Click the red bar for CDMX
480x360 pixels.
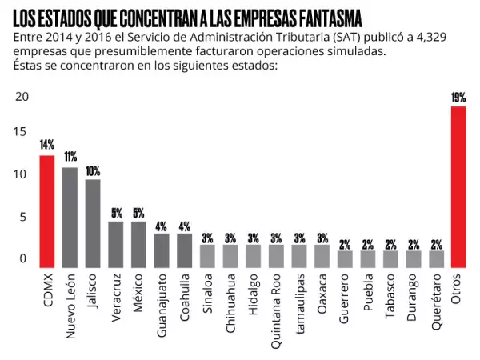click(x=46, y=211)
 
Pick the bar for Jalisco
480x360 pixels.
click(x=93, y=223)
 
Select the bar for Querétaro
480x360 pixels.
click(x=436, y=259)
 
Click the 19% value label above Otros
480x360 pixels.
click(x=458, y=98)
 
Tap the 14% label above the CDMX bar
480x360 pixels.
click(x=46, y=145)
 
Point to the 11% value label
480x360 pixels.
click(x=70, y=157)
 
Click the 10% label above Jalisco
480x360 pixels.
click(x=93, y=170)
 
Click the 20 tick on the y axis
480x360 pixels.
click(x=22, y=97)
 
